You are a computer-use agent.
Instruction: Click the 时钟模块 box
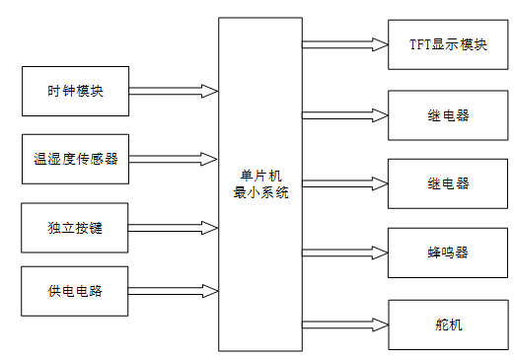[x=75, y=92]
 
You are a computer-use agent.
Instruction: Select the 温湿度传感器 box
[x=75, y=159]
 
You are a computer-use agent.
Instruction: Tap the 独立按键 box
[x=75, y=228]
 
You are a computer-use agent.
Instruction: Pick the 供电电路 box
[x=75, y=291]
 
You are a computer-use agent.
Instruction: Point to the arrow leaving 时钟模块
[x=173, y=91]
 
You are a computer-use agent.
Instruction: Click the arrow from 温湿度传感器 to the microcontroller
[x=173, y=158]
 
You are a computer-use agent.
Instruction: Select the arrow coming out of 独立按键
[x=173, y=228]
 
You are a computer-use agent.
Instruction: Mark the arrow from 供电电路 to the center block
[x=173, y=291]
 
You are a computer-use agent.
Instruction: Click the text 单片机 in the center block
[x=260, y=175]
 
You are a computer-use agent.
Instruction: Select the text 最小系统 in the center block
[x=260, y=192]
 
